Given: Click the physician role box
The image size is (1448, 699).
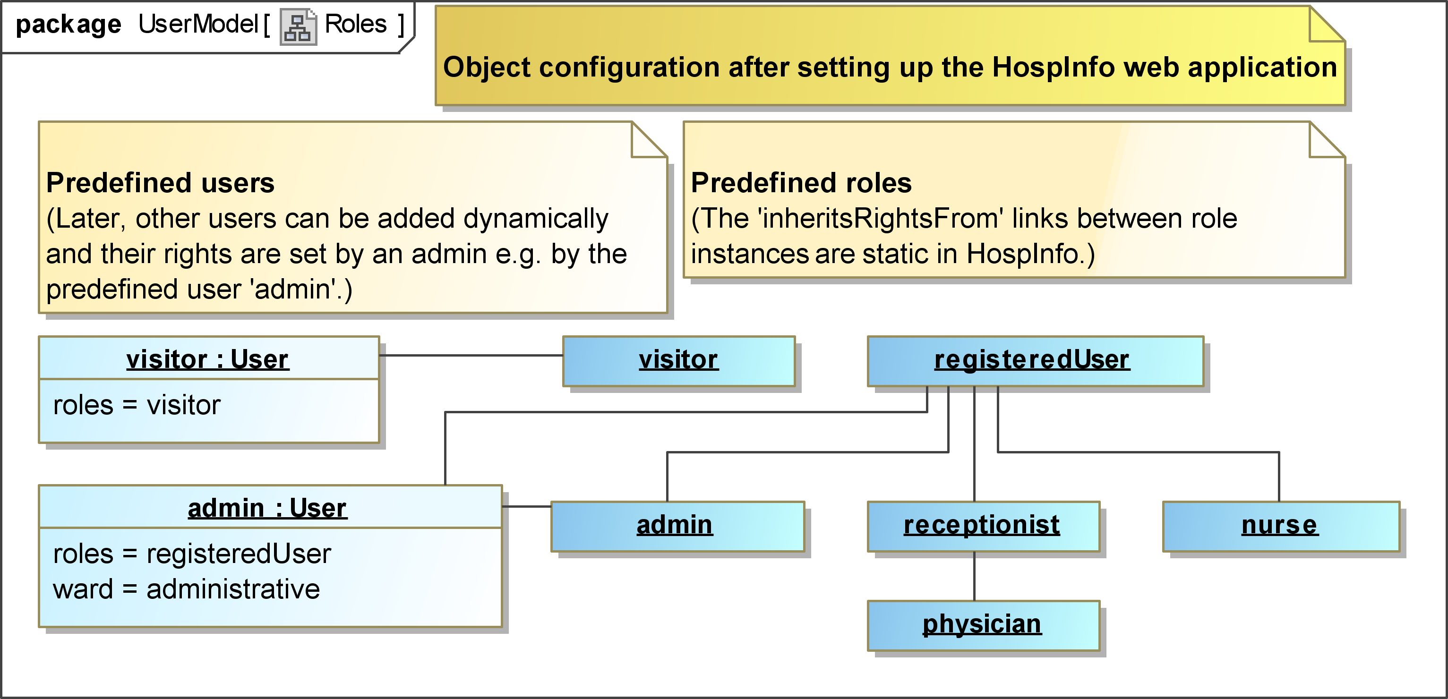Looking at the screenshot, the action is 983,625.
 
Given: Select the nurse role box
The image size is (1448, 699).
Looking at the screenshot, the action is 1281,527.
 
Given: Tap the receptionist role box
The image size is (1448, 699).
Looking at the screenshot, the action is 983,527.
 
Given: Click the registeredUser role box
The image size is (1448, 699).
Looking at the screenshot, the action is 1036,361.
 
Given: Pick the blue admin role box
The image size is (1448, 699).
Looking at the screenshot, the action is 677,527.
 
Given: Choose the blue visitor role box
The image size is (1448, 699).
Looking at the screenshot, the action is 679,361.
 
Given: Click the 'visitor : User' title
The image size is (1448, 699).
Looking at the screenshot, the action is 207,359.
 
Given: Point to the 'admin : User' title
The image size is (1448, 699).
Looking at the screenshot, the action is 267,508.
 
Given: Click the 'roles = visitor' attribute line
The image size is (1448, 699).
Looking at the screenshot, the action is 137,405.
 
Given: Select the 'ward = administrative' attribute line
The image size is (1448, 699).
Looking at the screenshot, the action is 187,589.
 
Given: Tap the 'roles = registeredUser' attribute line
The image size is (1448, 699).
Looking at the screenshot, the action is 192,554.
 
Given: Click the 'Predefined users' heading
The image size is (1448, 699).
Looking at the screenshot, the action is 160,183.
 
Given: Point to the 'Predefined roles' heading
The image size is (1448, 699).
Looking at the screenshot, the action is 801,183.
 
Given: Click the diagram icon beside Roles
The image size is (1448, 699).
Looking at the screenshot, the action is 298,26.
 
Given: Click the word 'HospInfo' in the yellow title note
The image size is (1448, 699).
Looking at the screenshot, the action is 1054,68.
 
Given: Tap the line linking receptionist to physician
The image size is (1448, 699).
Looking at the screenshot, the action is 974,576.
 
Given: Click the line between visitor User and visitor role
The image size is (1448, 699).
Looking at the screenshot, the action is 471,355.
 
